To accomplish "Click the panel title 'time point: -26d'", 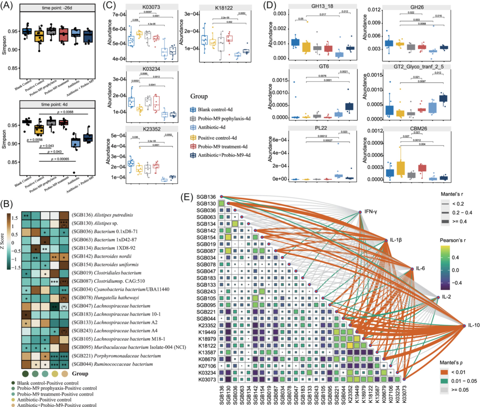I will [x=57, y=8].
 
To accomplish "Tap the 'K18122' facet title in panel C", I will [x=224, y=8].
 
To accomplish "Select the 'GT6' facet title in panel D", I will [x=324, y=66].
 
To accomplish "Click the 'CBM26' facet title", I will [x=418, y=129].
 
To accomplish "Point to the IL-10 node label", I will [x=474, y=325].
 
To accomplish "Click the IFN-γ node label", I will [x=371, y=212].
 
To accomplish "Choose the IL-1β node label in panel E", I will [x=396, y=240].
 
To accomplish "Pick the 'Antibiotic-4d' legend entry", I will [x=211, y=127].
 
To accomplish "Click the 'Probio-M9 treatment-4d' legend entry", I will [x=222, y=147].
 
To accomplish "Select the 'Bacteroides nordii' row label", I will [x=101, y=256].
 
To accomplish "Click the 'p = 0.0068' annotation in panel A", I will [x=65, y=112].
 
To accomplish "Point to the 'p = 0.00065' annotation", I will [x=60, y=159].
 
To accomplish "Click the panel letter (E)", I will [x=187, y=197].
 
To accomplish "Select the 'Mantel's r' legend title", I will [x=452, y=194].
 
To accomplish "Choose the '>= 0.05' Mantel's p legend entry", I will [x=460, y=390].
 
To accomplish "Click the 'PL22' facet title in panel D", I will [x=321, y=128].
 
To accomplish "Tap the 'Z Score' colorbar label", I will [x=2, y=241].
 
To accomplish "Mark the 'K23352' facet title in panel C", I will [x=152, y=129].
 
